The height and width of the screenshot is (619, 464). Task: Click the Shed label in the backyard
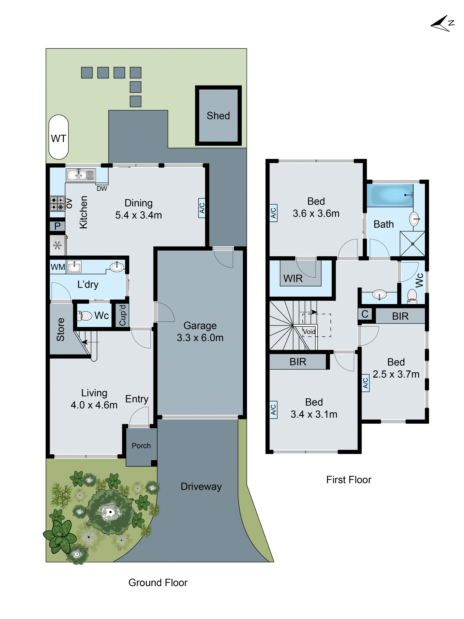point(218,116)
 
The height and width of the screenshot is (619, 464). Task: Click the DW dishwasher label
point(102,189)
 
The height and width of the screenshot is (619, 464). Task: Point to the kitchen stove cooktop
point(57,203)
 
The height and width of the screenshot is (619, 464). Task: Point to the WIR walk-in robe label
point(293,278)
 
